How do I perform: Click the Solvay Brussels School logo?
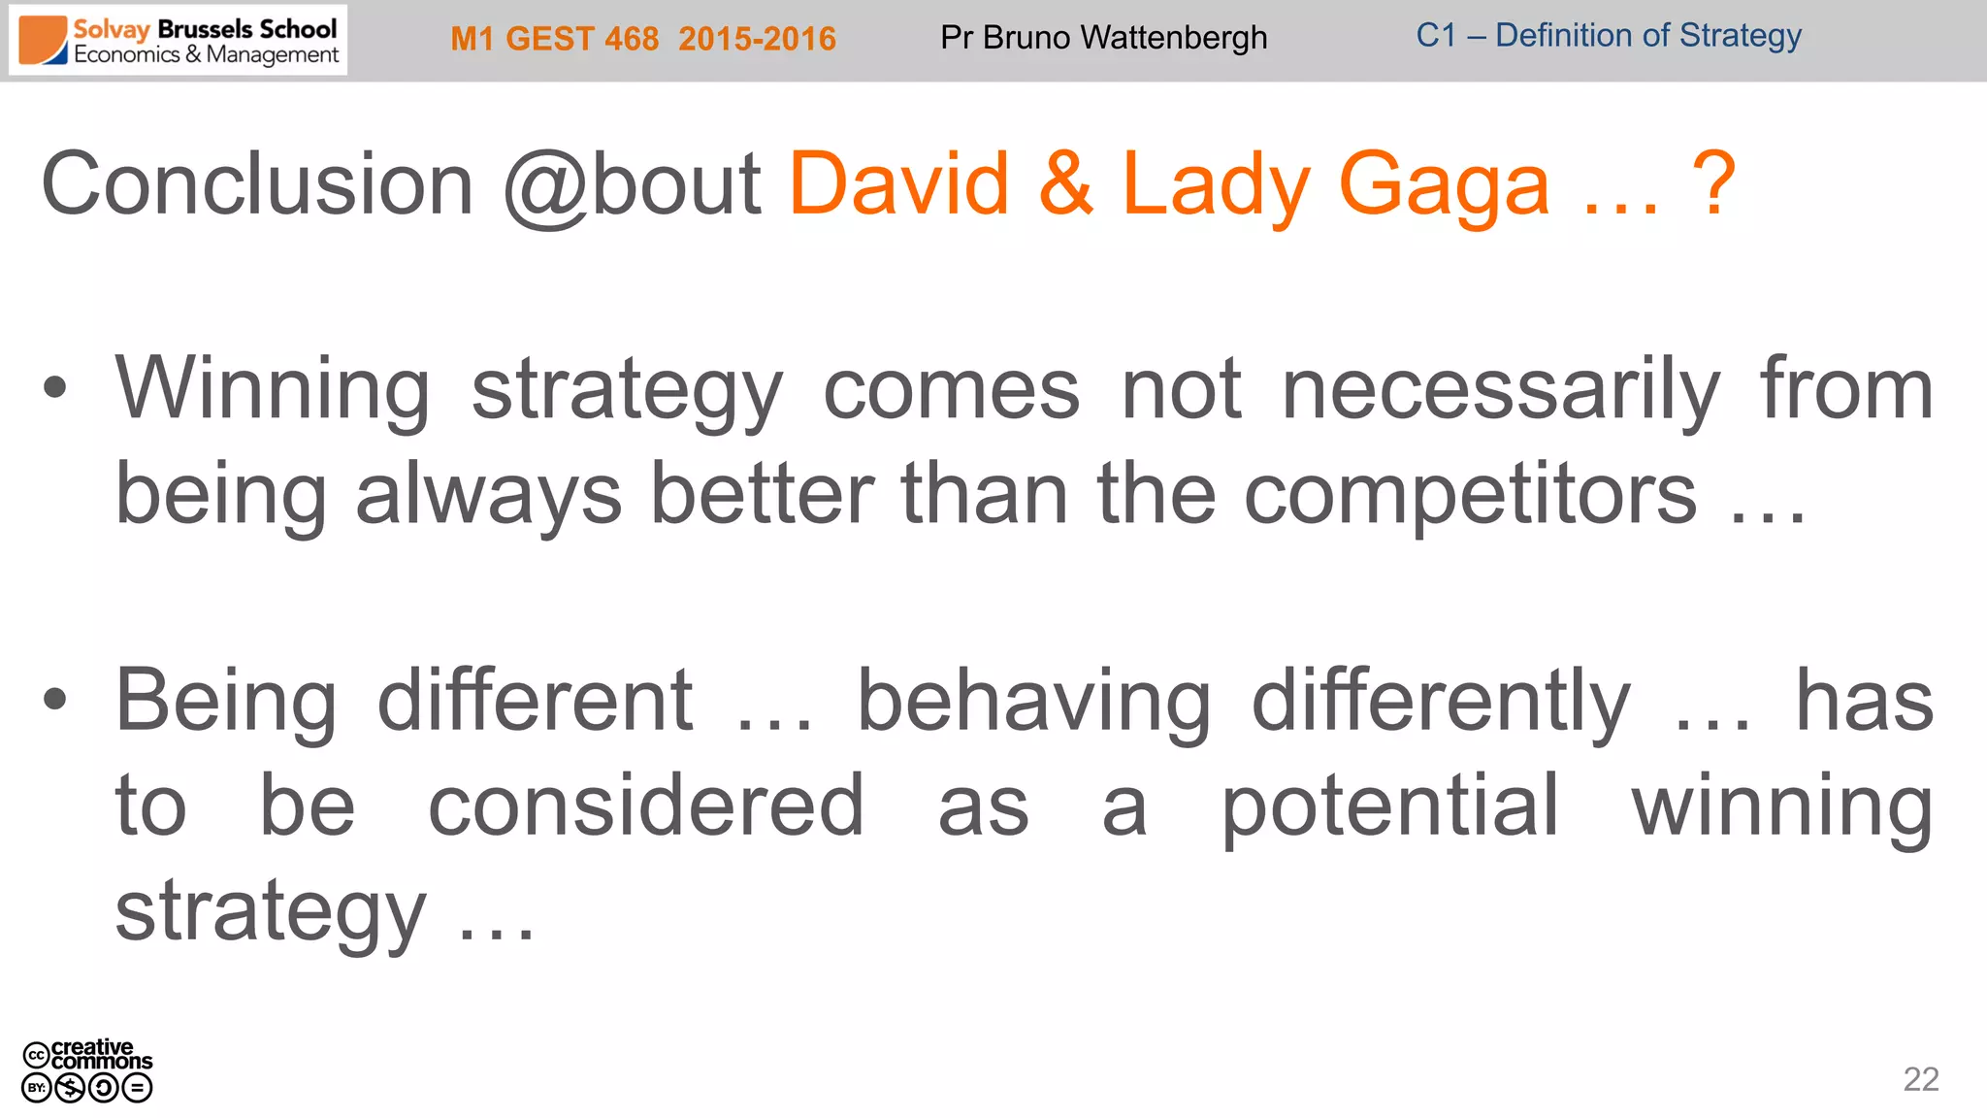[x=179, y=41]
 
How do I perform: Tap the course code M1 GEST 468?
[x=554, y=39]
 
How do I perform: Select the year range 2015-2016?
[x=757, y=39]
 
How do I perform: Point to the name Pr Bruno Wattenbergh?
[x=1103, y=38]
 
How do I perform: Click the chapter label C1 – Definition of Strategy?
[x=1608, y=36]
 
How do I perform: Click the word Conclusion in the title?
[x=257, y=184]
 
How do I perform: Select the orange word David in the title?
[x=898, y=184]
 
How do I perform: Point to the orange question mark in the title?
[x=1712, y=184]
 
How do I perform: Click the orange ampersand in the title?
[x=1065, y=184]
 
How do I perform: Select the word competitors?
[x=1470, y=495]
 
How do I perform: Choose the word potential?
[x=1389, y=806]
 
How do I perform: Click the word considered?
[x=646, y=806]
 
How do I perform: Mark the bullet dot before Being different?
[x=55, y=699]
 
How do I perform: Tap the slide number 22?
[x=1920, y=1079]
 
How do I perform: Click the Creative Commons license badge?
[x=87, y=1070]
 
